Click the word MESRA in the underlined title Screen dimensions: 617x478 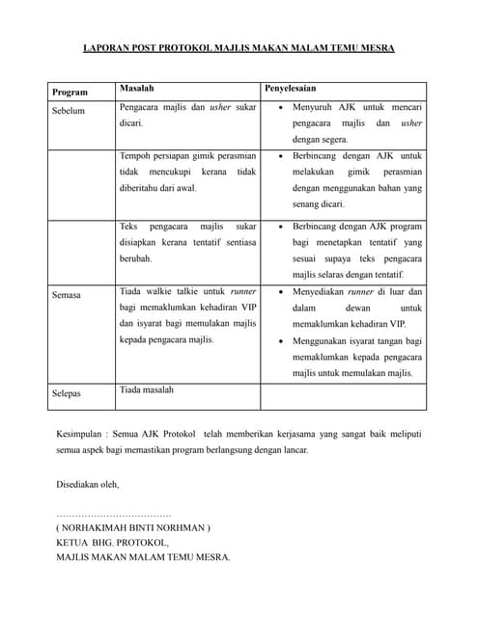[x=375, y=47]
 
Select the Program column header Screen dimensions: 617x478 [x=70, y=93]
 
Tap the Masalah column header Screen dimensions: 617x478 [x=137, y=89]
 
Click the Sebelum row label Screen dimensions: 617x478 [x=69, y=111]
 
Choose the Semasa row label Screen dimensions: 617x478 [x=67, y=295]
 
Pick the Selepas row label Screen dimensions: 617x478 [x=67, y=393]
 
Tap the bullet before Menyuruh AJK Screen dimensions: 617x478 [x=279, y=108]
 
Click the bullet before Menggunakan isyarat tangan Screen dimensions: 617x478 [x=279, y=341]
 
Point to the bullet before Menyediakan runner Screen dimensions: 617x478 [x=279, y=291]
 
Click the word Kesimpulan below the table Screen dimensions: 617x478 [x=82, y=434]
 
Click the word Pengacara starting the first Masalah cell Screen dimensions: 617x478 [x=141, y=108]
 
